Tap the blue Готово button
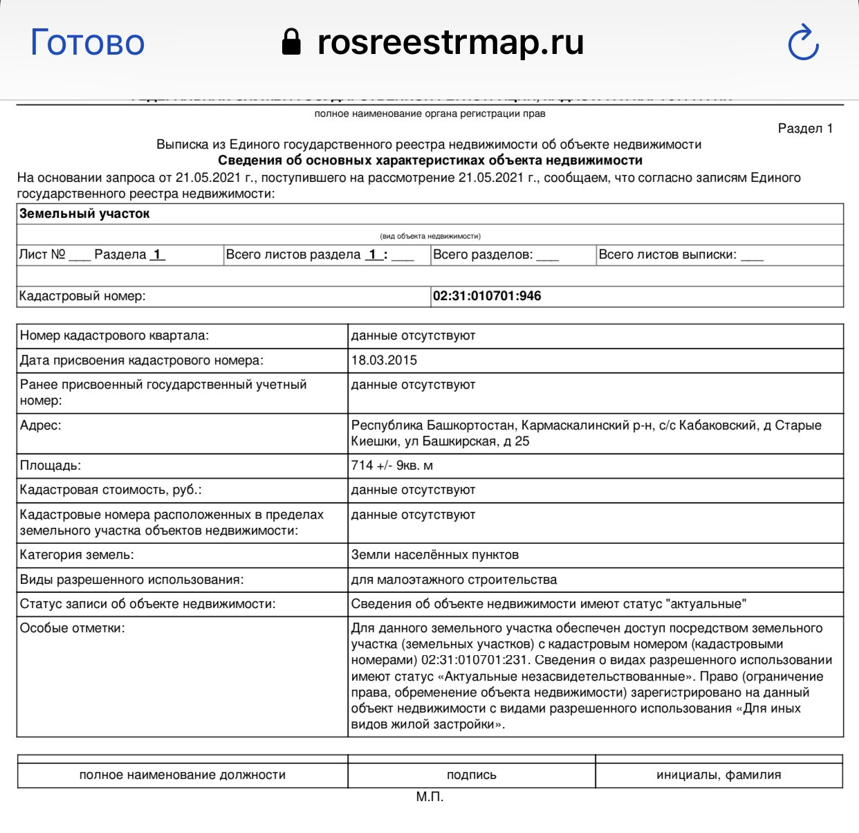(x=87, y=43)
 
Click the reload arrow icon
(x=804, y=43)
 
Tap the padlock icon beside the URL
(x=292, y=42)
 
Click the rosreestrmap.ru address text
(x=450, y=42)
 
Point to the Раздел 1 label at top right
(x=805, y=128)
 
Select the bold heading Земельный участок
(x=84, y=214)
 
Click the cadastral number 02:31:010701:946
(x=487, y=296)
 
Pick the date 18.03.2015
(x=384, y=360)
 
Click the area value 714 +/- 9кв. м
(x=391, y=465)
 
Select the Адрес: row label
(x=41, y=425)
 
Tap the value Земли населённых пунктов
(x=434, y=555)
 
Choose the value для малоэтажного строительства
(x=454, y=579)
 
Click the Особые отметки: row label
(x=73, y=628)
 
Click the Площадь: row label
(x=50, y=465)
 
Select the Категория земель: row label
(x=77, y=555)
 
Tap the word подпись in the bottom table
(x=471, y=775)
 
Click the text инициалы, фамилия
(x=719, y=775)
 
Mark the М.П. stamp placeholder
(x=429, y=797)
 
